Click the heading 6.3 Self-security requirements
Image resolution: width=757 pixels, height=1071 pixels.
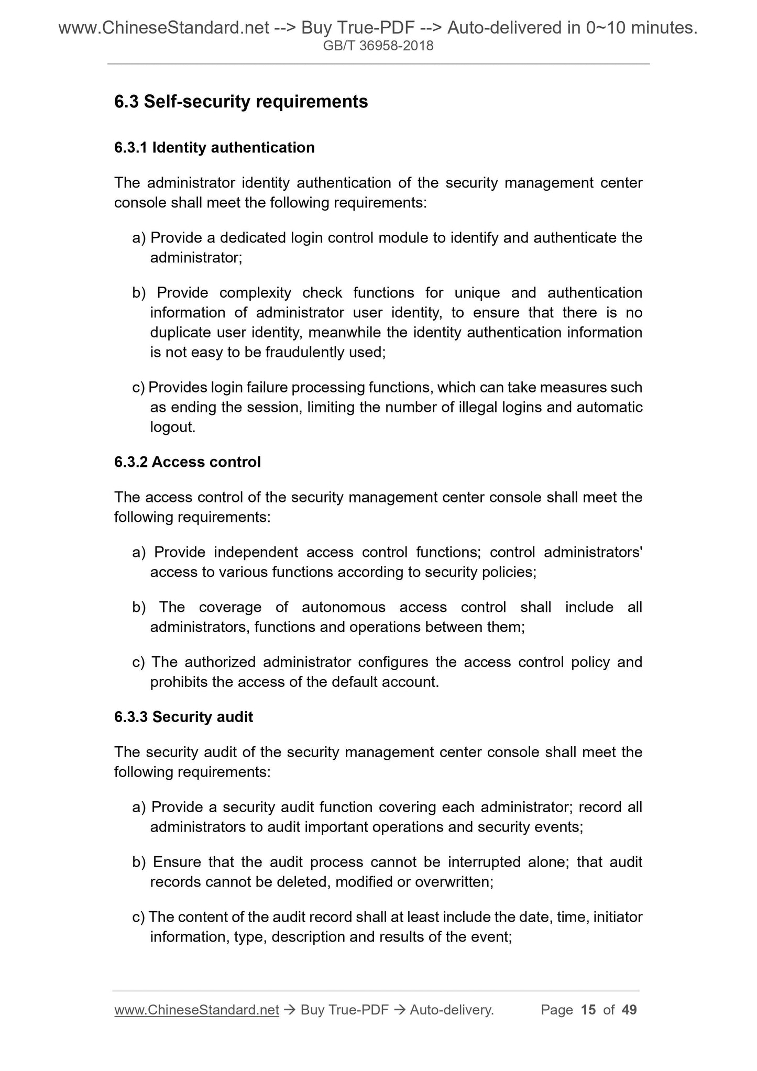pos(241,102)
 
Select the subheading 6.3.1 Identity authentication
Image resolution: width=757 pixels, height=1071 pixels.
pos(214,148)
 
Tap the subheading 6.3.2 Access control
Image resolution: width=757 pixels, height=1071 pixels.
pos(187,462)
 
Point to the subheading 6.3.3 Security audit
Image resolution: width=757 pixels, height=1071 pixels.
pos(183,717)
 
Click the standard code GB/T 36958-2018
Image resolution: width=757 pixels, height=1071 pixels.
pos(378,46)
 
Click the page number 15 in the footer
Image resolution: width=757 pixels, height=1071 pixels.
pos(588,1010)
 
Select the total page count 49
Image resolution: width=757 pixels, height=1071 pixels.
pos(629,1010)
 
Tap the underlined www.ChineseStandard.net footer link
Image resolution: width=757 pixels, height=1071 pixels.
pos(196,1010)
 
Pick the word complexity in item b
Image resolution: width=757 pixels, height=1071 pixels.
pos(255,292)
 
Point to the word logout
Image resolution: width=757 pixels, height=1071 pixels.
pos(172,427)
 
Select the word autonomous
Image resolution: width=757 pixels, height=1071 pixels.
pos(344,607)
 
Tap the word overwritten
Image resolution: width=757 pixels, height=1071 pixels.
pos(454,882)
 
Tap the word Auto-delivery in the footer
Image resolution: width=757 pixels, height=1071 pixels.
pos(452,1010)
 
